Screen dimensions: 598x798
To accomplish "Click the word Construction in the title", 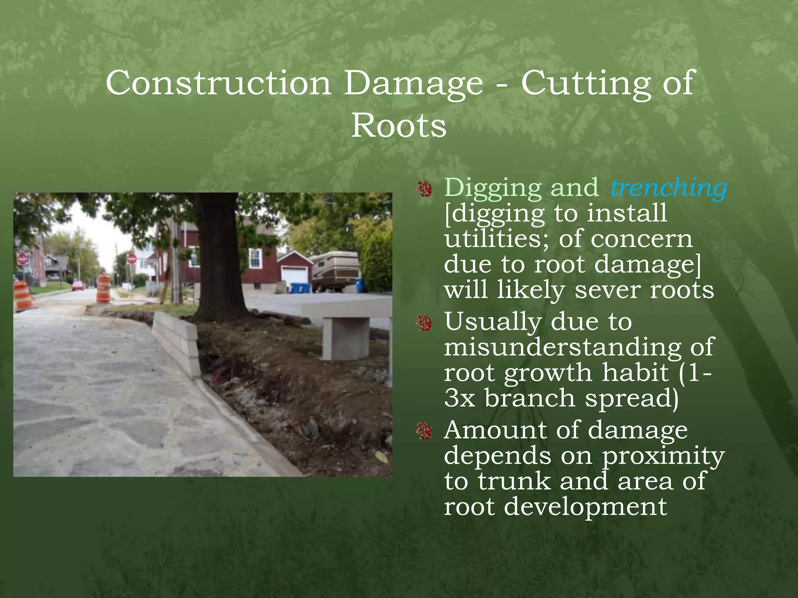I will (x=218, y=83).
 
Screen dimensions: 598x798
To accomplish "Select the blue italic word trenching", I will (x=669, y=188).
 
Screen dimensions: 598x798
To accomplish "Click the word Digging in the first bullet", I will (x=493, y=188).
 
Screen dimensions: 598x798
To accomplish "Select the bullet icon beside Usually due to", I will (x=424, y=323).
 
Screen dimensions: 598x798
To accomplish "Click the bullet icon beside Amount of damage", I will (x=424, y=431).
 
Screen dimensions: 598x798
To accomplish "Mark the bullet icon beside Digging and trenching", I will (x=424, y=189).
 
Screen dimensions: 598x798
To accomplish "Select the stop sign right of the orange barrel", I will (x=132, y=258).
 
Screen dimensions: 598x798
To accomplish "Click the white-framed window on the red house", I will (x=255, y=258).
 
